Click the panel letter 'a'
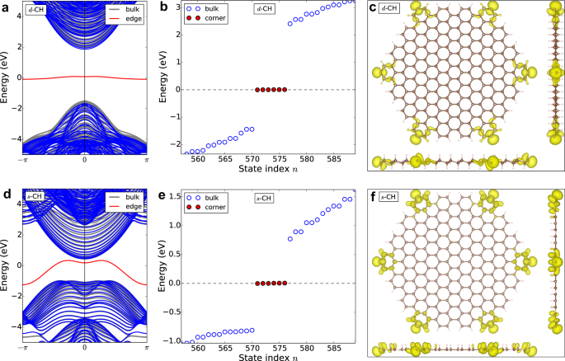point(6,7)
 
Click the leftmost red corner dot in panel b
point(257,89)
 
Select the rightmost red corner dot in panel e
point(285,283)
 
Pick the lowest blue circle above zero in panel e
point(290,239)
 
